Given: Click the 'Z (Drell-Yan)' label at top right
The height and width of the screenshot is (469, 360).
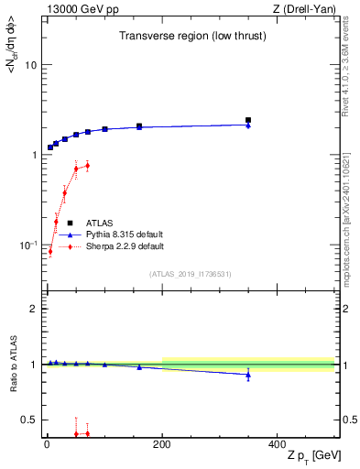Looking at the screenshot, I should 303,8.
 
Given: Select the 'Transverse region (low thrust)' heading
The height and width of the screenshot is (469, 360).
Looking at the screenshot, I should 186,36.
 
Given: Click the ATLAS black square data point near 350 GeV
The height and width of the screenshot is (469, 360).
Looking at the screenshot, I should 248,120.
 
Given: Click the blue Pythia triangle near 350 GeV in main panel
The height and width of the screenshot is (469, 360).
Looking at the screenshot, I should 248,125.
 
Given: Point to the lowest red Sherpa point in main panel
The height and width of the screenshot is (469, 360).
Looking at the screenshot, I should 50,251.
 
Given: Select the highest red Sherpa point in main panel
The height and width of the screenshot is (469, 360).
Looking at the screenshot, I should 87,166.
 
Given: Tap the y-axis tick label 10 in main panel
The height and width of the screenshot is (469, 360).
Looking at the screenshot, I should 30,66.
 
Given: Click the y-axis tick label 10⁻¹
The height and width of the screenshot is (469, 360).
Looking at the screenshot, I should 28,245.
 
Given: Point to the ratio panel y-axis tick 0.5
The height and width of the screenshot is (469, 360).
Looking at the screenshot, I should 29,420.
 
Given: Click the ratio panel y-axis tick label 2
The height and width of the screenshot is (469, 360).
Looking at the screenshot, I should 33,309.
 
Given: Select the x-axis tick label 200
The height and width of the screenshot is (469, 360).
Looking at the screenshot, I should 162,444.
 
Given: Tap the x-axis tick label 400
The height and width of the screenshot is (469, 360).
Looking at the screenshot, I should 277,444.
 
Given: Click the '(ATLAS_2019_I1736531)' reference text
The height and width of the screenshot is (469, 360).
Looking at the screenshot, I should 190,274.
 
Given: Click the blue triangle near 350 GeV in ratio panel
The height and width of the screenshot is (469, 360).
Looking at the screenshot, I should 248,375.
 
